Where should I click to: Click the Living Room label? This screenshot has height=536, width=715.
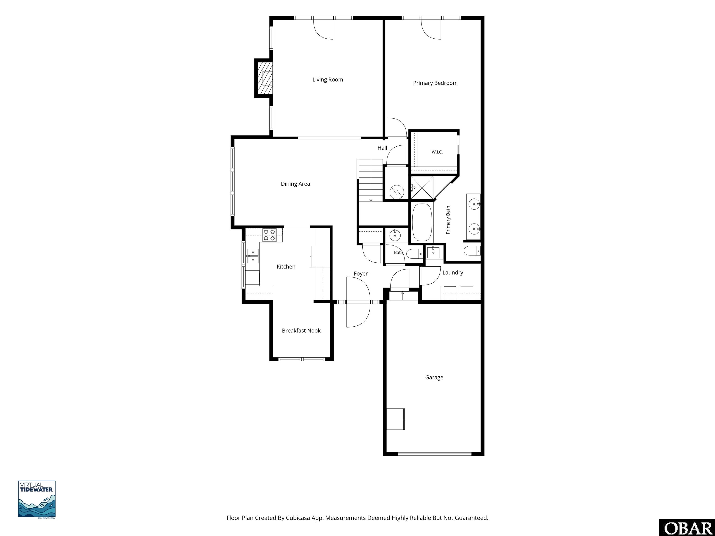(x=327, y=80)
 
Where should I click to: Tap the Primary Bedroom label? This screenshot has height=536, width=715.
(x=435, y=83)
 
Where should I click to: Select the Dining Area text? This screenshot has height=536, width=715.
(x=295, y=184)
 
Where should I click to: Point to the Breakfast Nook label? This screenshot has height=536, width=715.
(x=301, y=331)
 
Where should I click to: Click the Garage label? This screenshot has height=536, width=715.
(x=434, y=377)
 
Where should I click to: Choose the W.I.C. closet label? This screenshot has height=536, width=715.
(x=437, y=152)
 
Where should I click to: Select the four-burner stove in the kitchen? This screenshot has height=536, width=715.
(x=269, y=235)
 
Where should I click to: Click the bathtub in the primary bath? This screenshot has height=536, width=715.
(x=422, y=222)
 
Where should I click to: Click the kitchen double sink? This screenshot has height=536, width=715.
(x=253, y=256)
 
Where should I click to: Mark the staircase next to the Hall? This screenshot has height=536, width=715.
(x=371, y=180)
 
